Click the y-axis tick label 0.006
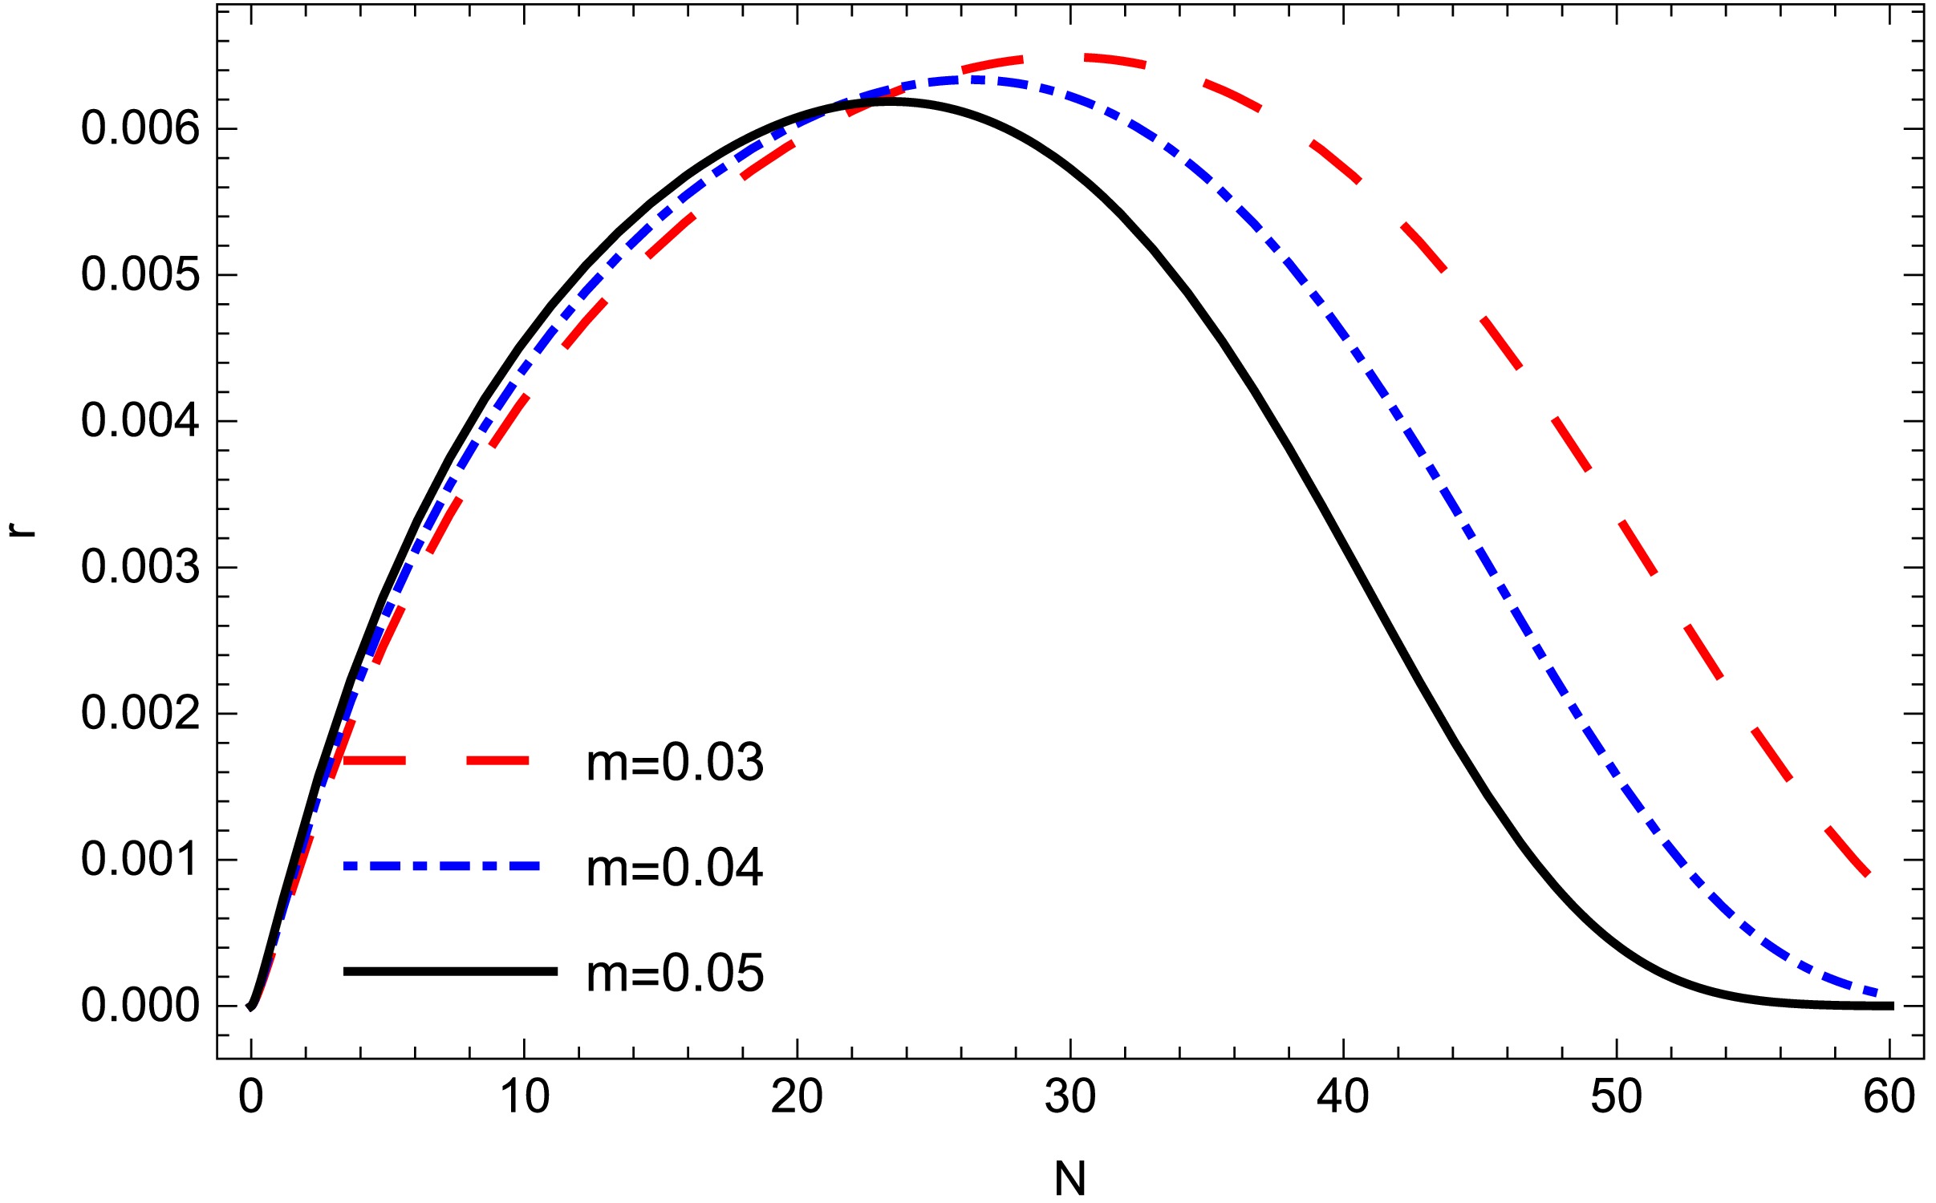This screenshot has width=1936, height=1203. (140, 129)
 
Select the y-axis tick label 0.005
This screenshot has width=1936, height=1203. (140, 275)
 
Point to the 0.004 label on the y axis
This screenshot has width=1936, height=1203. (140, 421)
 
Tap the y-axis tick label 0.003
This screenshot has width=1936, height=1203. (140, 568)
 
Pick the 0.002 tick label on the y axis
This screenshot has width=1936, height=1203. (140, 714)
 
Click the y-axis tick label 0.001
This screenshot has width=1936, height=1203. (140, 860)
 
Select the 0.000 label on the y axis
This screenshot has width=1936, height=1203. (140, 1006)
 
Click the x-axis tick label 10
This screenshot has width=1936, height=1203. (524, 1097)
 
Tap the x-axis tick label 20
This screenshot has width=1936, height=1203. (797, 1097)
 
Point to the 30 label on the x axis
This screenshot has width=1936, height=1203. (1070, 1097)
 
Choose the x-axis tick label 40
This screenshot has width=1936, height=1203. (1343, 1097)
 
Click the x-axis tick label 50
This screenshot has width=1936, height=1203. (1616, 1097)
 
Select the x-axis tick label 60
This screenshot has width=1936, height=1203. (1889, 1097)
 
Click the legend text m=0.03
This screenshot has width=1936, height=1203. (675, 763)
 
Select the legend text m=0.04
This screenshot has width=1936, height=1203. (675, 868)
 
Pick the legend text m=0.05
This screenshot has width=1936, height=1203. (675, 974)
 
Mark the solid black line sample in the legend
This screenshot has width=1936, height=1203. (449, 971)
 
